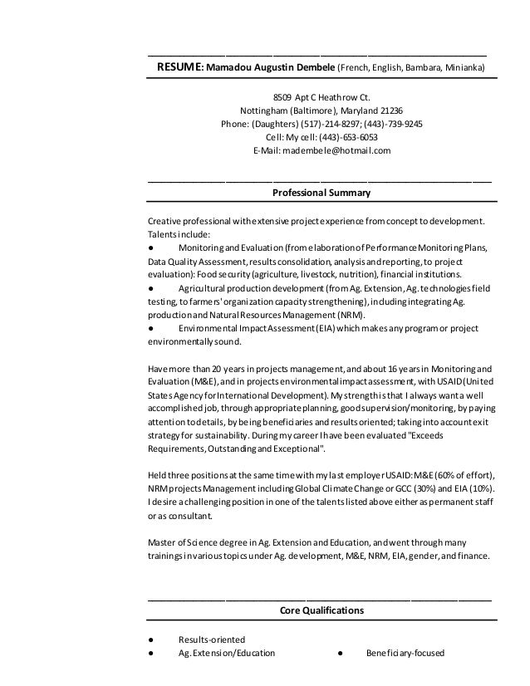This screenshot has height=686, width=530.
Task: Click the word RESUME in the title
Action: point(179,66)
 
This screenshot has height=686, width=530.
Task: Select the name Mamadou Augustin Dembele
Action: point(271,66)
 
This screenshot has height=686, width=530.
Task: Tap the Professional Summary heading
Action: point(321,193)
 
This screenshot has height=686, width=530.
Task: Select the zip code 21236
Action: point(390,110)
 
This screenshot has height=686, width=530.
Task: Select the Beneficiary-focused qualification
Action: point(405,654)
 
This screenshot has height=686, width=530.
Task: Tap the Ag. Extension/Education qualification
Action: point(226,654)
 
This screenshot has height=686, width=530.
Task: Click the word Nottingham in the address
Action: point(263,110)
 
